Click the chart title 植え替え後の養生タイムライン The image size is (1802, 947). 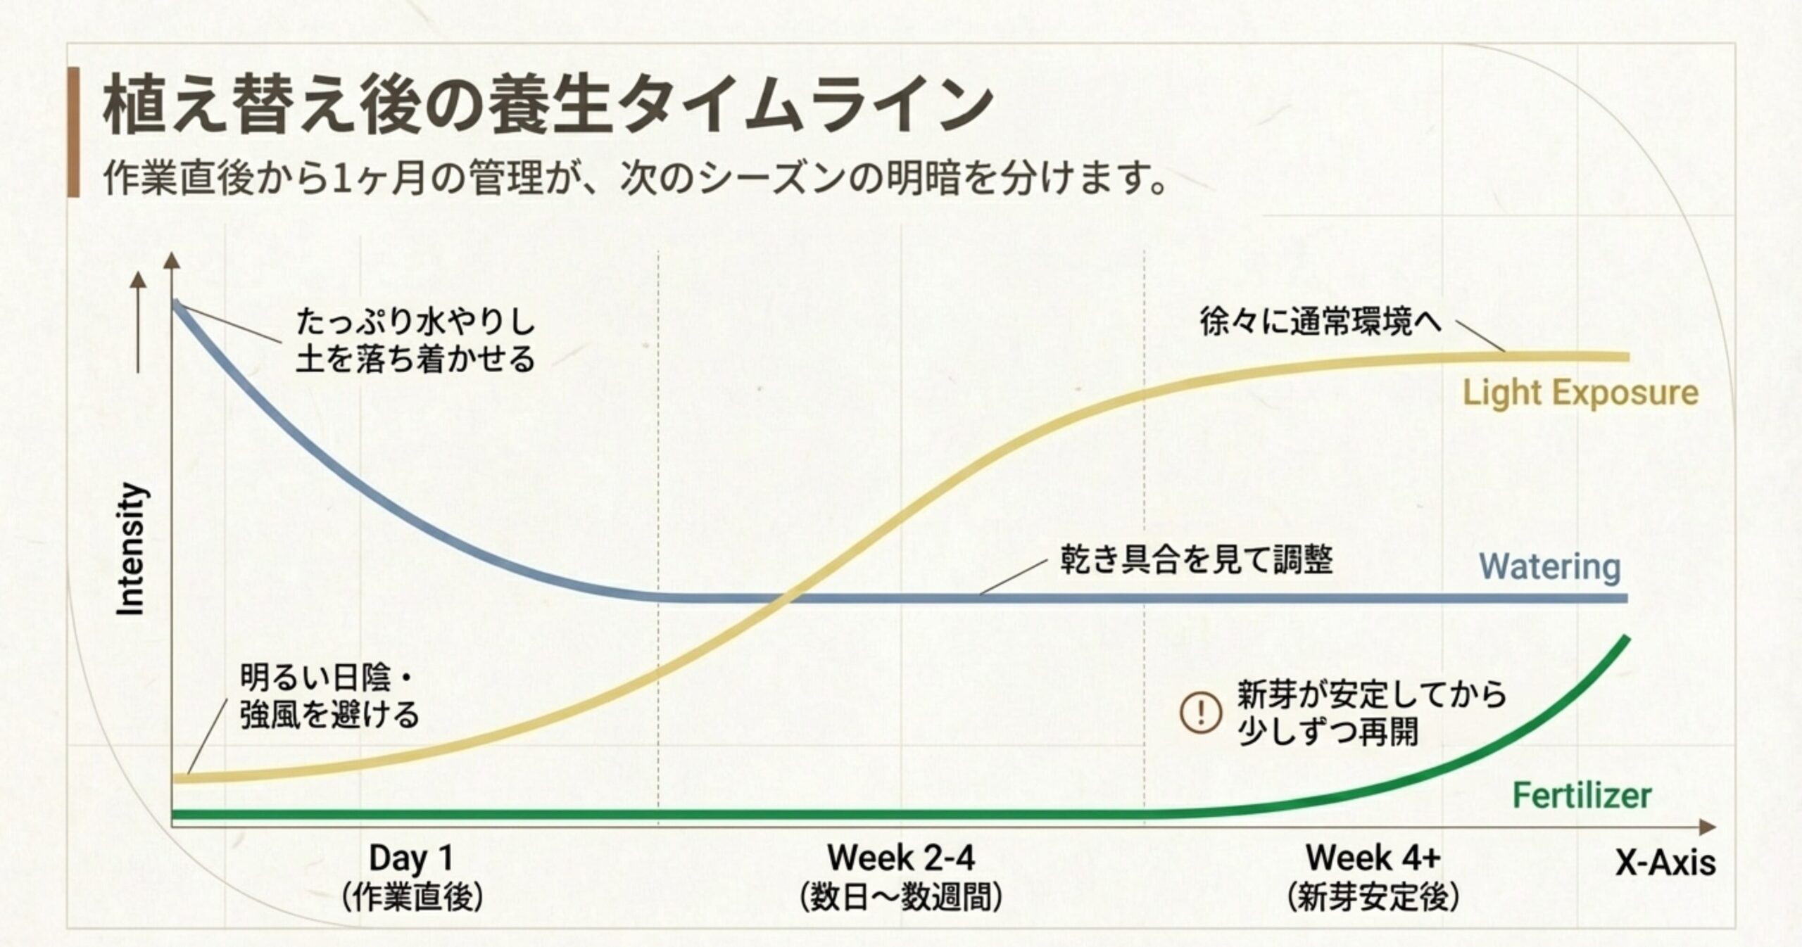click(x=548, y=108)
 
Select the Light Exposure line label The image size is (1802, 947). click(x=1580, y=393)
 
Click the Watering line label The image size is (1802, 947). click(x=1549, y=566)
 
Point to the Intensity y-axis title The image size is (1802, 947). click(x=132, y=549)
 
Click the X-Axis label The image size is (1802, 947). click(x=1665, y=863)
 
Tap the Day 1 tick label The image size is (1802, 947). click(x=411, y=858)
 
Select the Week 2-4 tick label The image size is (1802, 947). click(x=901, y=858)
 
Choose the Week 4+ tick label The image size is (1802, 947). click(x=1373, y=858)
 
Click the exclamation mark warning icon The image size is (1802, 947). click(x=1200, y=713)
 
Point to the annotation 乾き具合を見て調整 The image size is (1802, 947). click(x=1196, y=561)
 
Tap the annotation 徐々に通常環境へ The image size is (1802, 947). click(x=1321, y=322)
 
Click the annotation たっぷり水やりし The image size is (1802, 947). click(x=415, y=322)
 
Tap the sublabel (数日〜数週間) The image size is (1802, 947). click(x=901, y=898)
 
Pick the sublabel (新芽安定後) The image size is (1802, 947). click(x=1373, y=898)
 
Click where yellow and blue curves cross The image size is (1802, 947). click(x=783, y=598)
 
